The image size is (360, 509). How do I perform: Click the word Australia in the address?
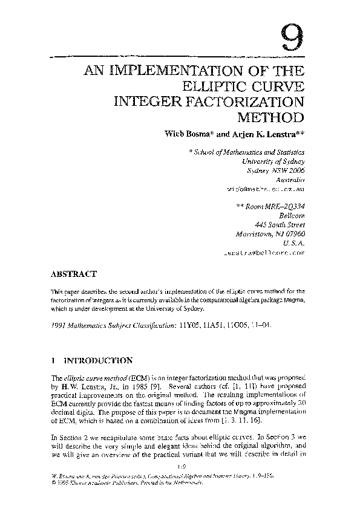point(290,180)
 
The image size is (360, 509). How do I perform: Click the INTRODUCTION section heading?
point(99,361)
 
